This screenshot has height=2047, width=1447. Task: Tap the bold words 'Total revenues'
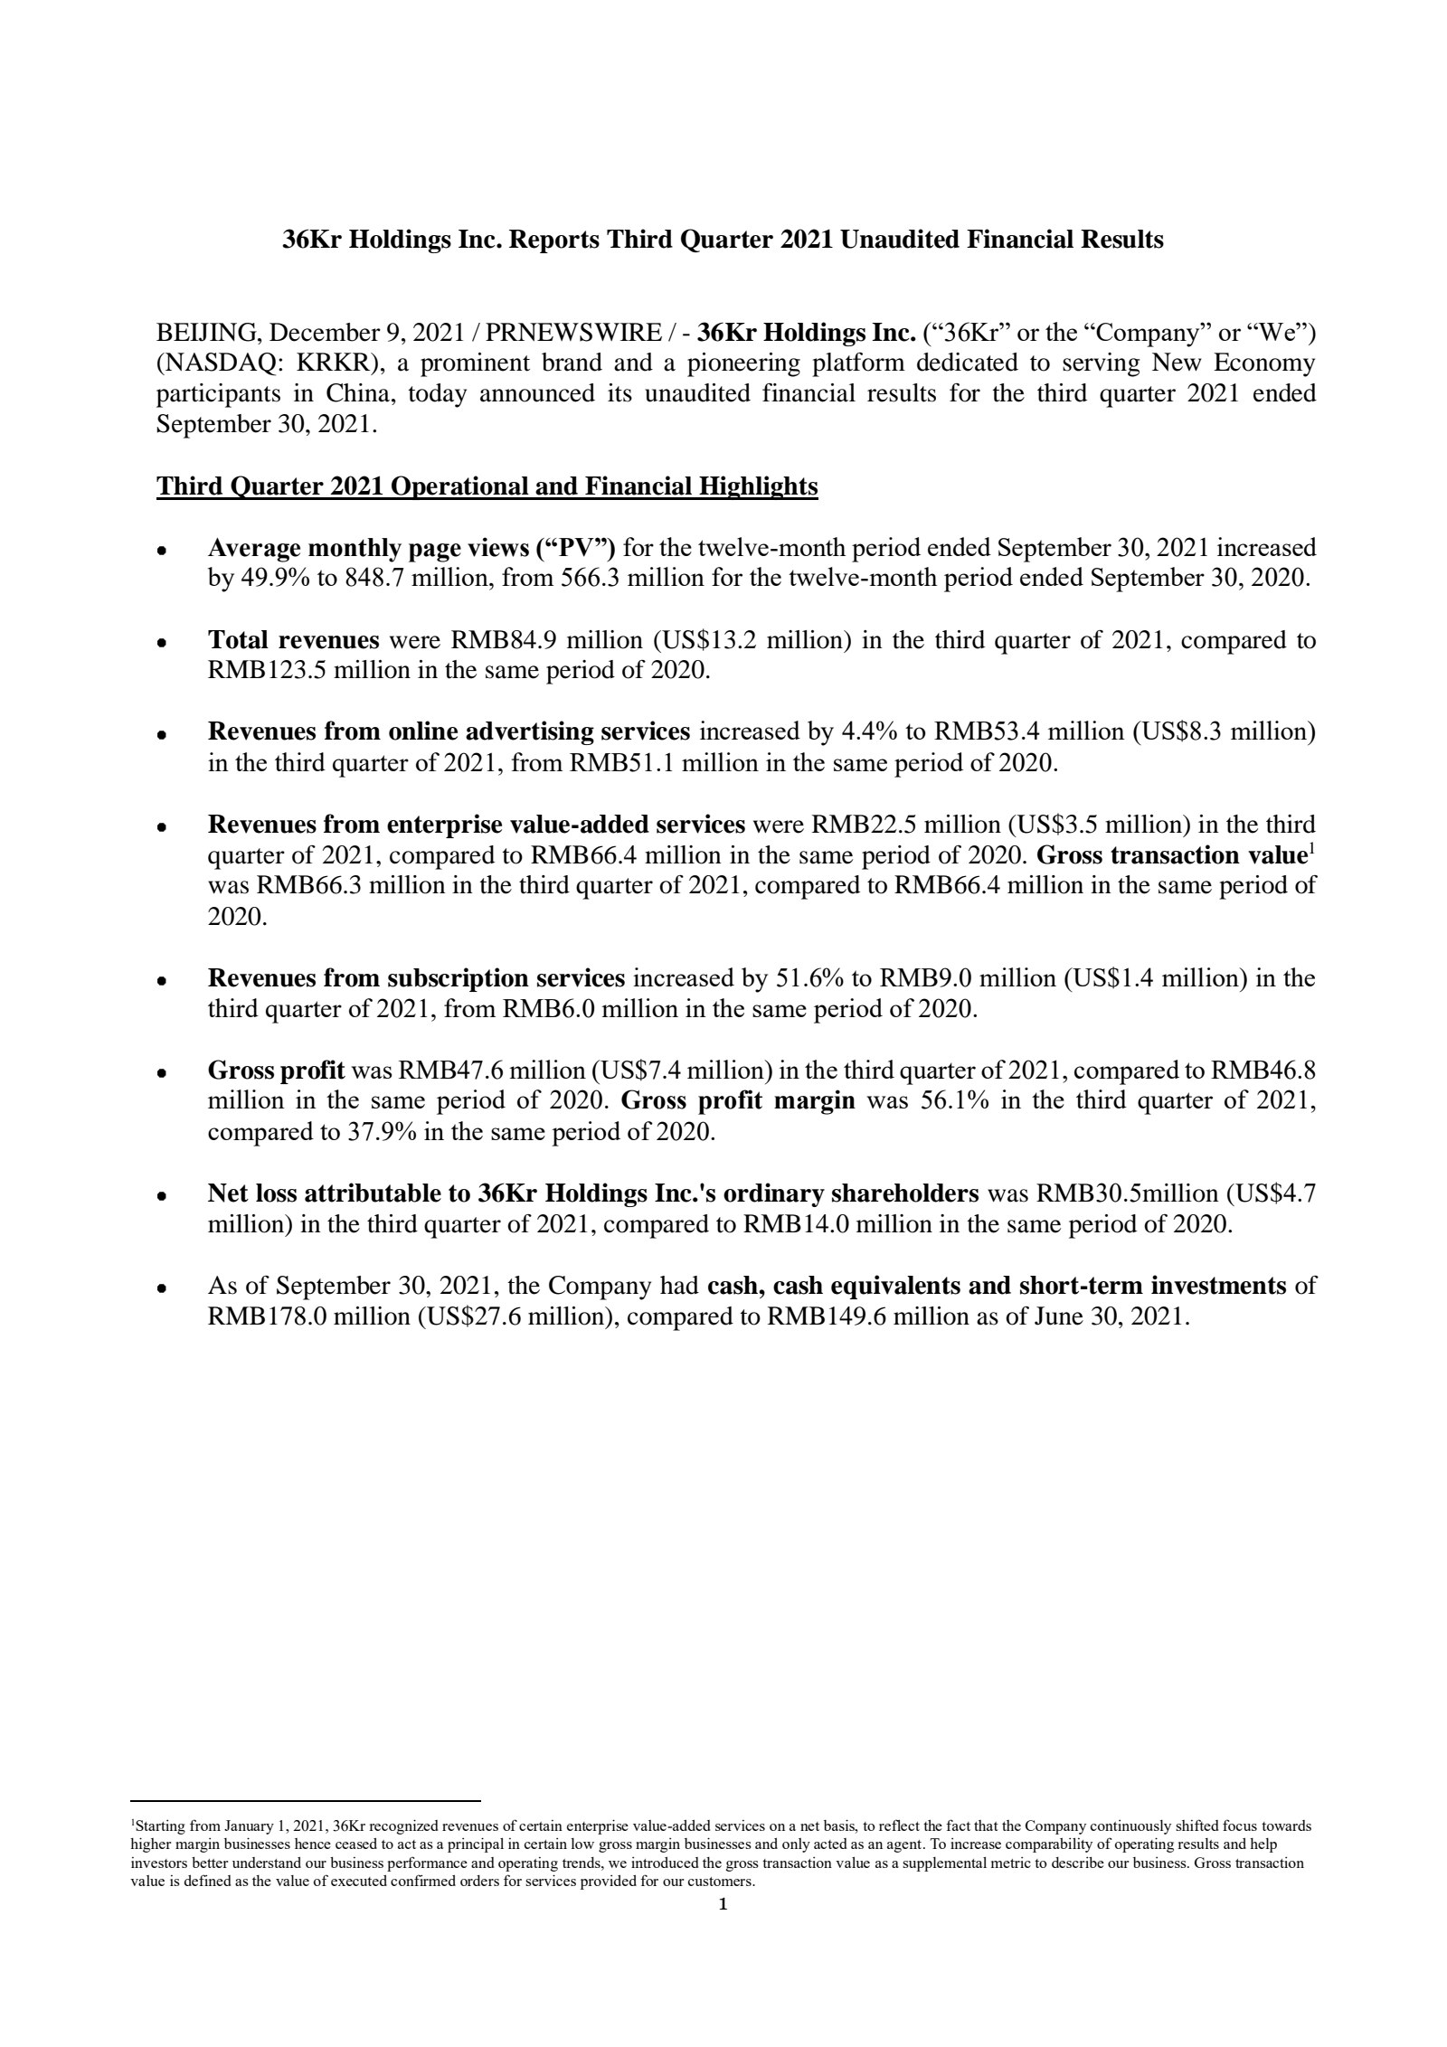tap(293, 641)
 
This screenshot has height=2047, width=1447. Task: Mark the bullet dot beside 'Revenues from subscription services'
tap(161, 980)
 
